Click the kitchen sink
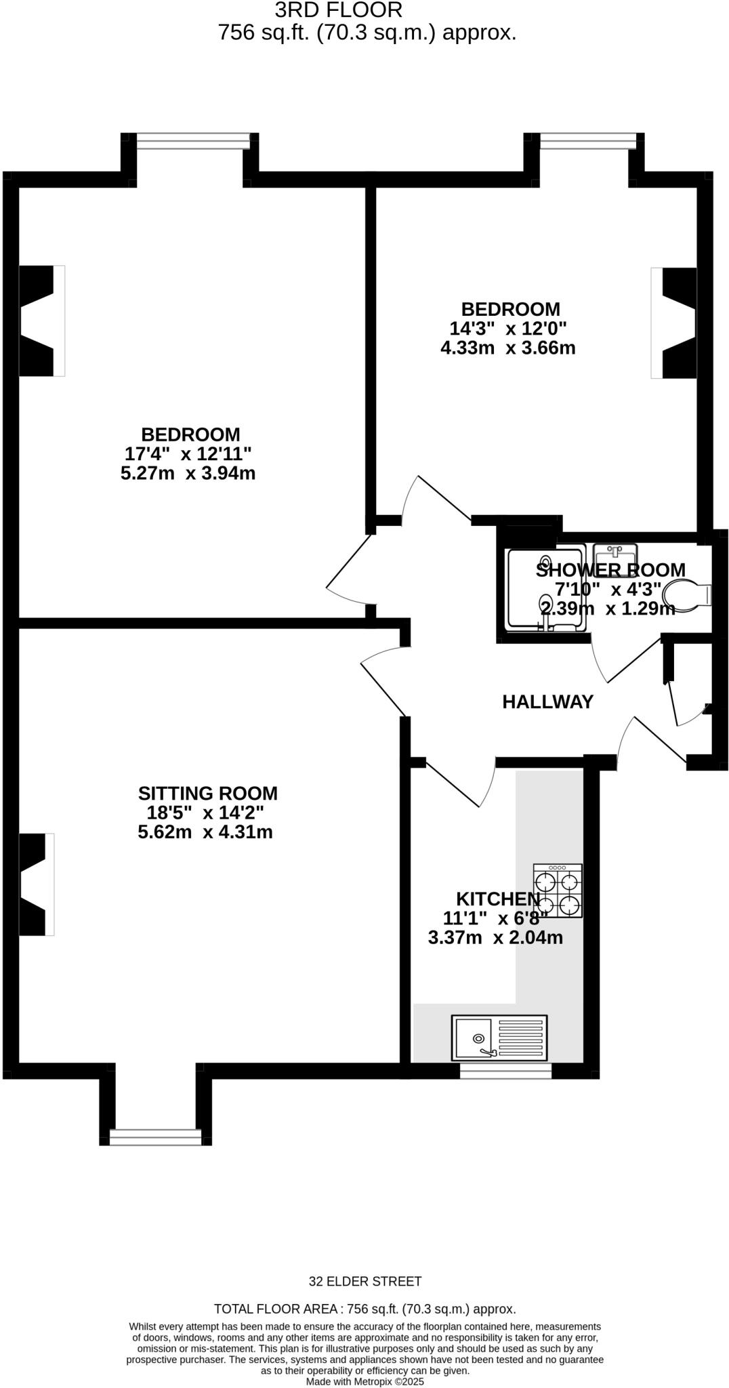[x=499, y=1037]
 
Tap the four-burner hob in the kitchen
[x=558, y=891]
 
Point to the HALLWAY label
[x=547, y=702]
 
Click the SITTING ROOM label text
[x=207, y=793]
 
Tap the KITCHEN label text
[x=498, y=899]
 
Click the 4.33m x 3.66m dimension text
[x=507, y=348]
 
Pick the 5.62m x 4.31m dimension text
[x=205, y=832]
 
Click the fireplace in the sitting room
[x=36, y=884]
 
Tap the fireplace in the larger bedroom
[x=41, y=321]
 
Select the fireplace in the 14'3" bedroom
[x=675, y=323]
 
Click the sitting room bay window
[x=156, y=1137]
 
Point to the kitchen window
[x=505, y=1070]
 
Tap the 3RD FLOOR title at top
[x=338, y=10]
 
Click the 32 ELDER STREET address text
[x=365, y=1282]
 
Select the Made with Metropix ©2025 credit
[x=364, y=1381]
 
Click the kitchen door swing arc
[x=490, y=786]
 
